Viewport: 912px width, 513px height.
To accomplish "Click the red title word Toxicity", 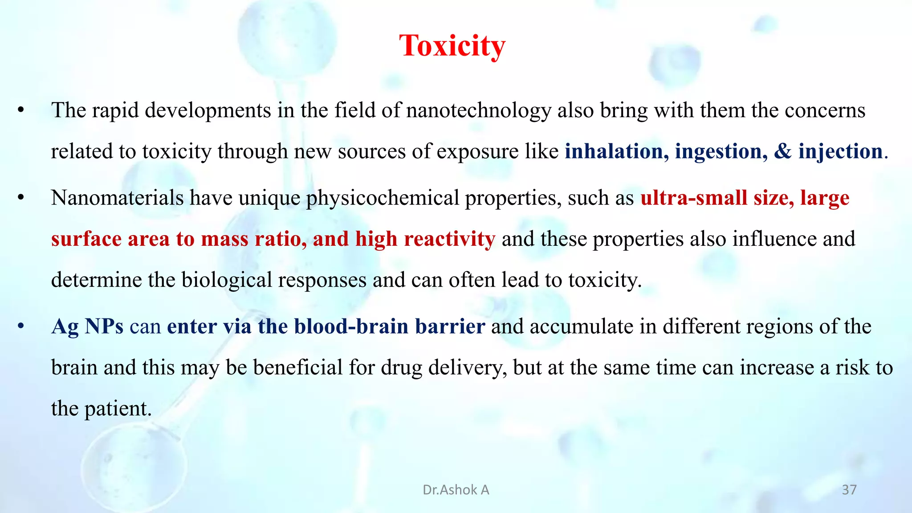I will [452, 46].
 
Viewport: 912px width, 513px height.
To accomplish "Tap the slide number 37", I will [849, 490].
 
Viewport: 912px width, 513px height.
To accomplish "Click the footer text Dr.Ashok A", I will [456, 490].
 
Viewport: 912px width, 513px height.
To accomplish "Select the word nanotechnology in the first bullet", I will [478, 110].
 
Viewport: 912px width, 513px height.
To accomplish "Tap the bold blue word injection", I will [840, 151].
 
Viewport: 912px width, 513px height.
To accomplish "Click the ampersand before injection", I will [783, 151].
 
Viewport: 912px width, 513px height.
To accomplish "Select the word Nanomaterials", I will [117, 198].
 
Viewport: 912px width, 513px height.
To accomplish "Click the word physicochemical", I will [382, 198].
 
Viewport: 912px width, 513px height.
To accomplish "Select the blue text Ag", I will [65, 326].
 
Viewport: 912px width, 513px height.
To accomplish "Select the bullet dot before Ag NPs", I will [20, 326].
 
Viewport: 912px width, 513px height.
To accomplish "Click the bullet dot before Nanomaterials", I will [20, 198].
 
